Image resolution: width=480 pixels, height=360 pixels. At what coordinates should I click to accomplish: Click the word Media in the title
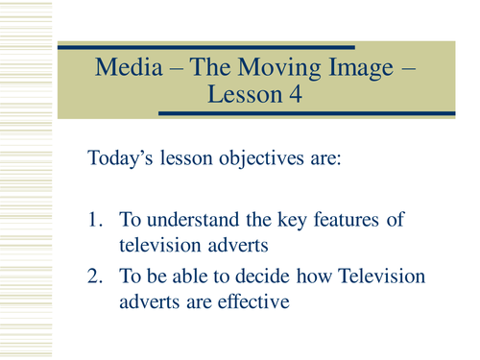(x=126, y=69)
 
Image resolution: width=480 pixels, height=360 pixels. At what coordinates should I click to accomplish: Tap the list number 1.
(x=94, y=223)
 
